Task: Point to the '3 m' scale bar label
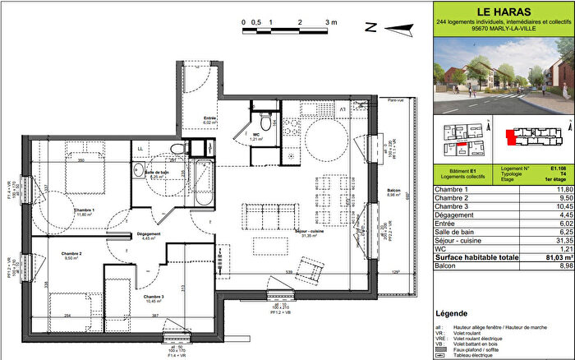coord(331,22)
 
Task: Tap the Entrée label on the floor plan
coord(211,118)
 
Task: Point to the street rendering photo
coord(502,78)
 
